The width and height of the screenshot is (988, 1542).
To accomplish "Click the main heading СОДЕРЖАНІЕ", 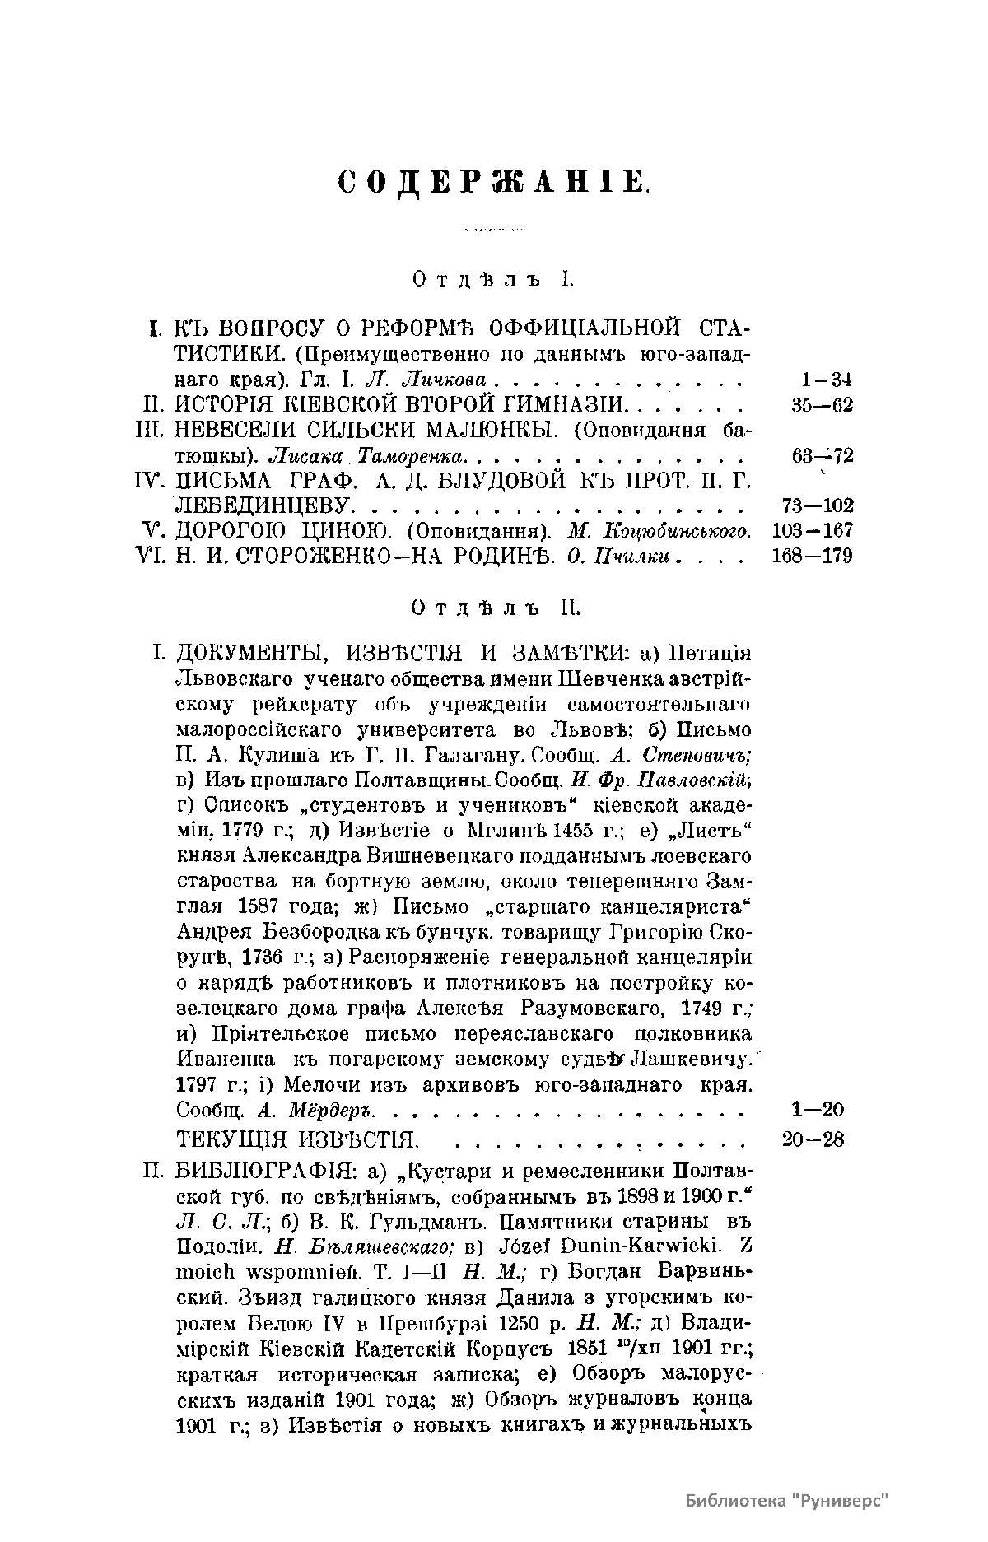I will click(494, 182).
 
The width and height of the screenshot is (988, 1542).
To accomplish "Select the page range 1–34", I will click(825, 380).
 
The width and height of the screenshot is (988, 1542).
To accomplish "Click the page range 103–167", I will click(813, 530).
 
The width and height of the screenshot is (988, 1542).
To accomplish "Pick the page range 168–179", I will click(813, 556).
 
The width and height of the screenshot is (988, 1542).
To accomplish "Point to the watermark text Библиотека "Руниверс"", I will click(789, 1501).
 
